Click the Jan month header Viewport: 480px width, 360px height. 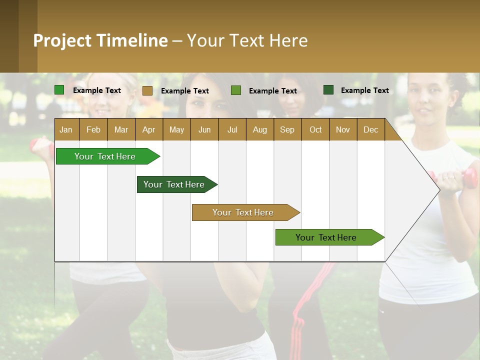[66, 129]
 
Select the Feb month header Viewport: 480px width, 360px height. [93, 129]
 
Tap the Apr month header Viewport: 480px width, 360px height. [149, 129]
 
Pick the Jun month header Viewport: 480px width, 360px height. [204, 129]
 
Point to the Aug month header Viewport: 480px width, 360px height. [260, 129]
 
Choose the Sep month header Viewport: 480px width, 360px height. [287, 129]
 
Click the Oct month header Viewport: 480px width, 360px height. [315, 129]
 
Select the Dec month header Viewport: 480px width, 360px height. [371, 129]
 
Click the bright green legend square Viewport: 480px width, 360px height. [59, 90]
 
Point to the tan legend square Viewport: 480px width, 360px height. [147, 90]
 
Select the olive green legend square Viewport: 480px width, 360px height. [236, 90]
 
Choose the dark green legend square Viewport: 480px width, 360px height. [328, 90]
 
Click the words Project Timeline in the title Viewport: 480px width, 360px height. [100, 40]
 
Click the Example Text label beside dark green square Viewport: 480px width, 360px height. [364, 90]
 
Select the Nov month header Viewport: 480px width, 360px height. [343, 129]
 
